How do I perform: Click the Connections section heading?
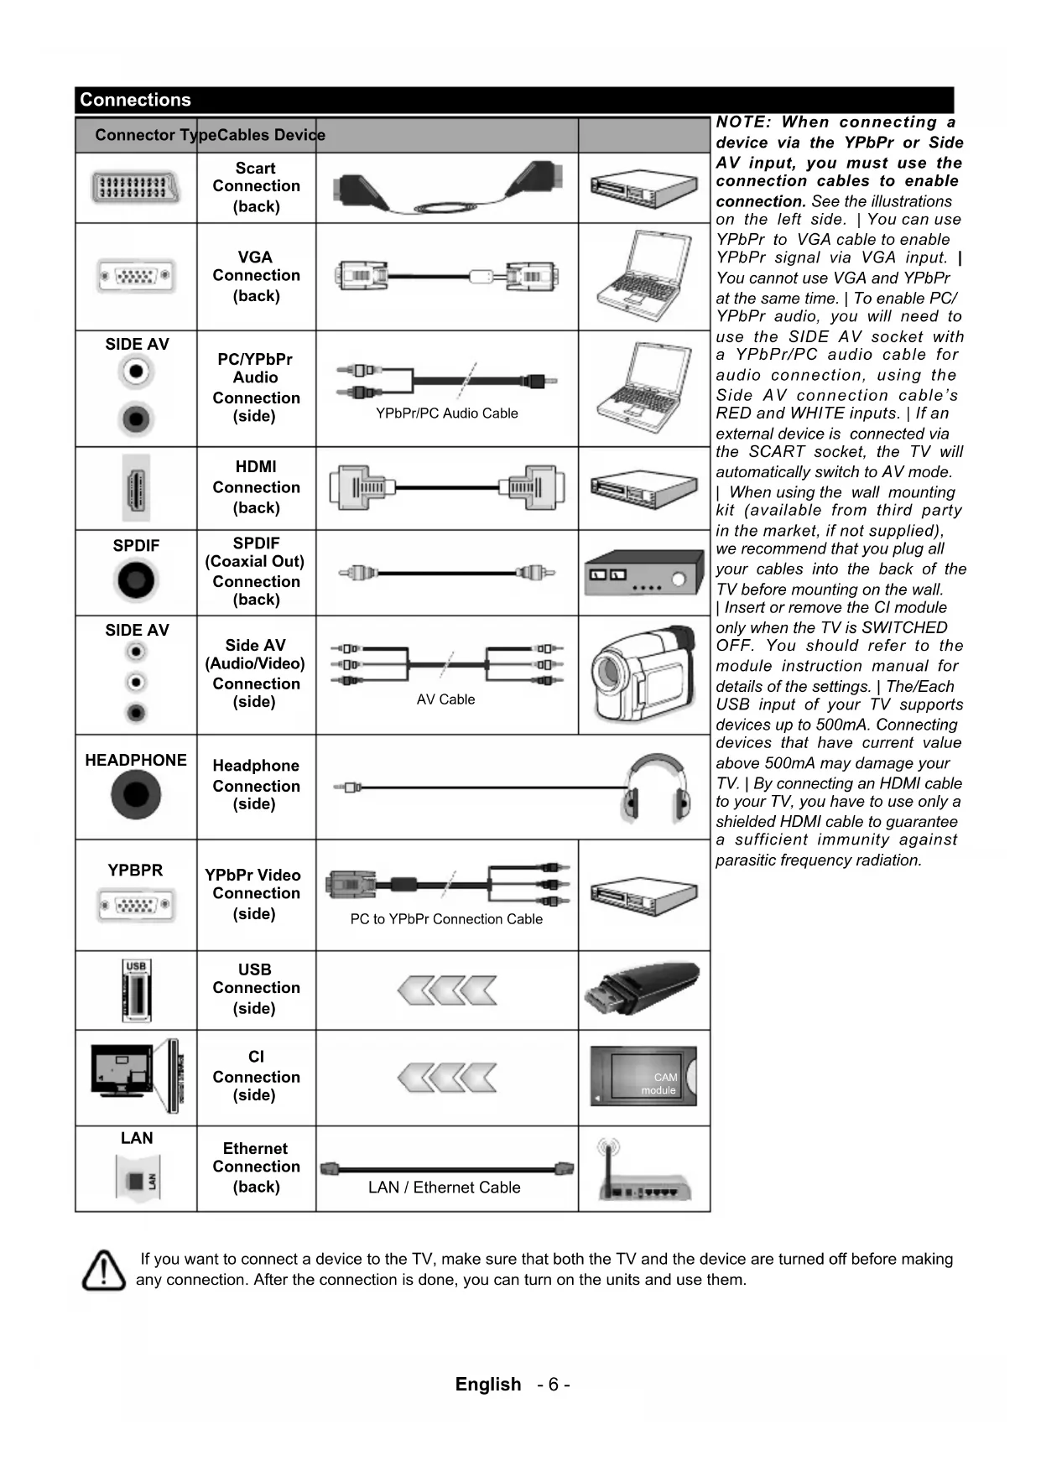click(135, 100)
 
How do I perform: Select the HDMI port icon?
click(136, 488)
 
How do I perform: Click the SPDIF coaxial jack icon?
click(136, 580)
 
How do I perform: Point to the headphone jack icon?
click(136, 794)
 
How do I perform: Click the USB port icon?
click(136, 990)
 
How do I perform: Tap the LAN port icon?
click(136, 1178)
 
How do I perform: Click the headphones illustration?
click(657, 788)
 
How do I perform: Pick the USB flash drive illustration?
click(643, 989)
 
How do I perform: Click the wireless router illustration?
click(643, 1171)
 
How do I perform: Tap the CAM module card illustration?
click(643, 1076)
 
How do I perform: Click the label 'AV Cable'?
click(445, 699)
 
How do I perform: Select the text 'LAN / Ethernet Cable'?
click(444, 1188)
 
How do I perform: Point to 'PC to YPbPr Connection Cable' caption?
click(446, 919)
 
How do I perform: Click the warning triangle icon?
click(104, 1270)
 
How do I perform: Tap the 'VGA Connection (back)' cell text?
click(256, 276)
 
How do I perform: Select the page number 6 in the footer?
click(554, 1385)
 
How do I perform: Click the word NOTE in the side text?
click(742, 122)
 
